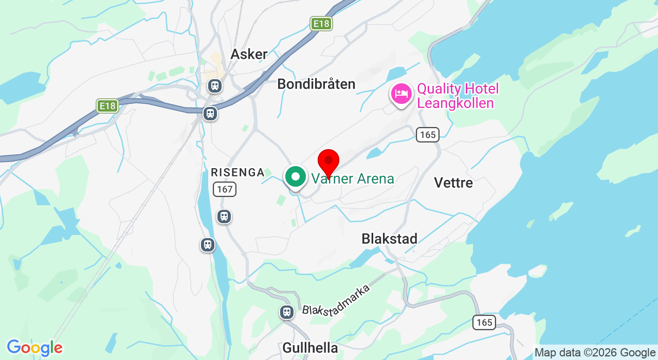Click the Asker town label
[x=249, y=54]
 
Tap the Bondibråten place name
[x=316, y=84]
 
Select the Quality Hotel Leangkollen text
[x=458, y=96]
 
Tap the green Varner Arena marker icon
[x=296, y=177]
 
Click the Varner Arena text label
[x=353, y=179]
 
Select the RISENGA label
[x=237, y=173]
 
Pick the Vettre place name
[x=453, y=183]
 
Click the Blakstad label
[x=389, y=239]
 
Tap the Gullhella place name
[x=310, y=348]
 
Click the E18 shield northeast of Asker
[x=321, y=23]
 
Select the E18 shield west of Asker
[x=107, y=105]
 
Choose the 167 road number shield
[x=225, y=189]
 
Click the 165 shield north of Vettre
[x=427, y=135]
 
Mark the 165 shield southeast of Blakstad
[x=484, y=322]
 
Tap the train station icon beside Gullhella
[x=286, y=312]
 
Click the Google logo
[x=34, y=348]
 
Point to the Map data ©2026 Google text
[x=594, y=352]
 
